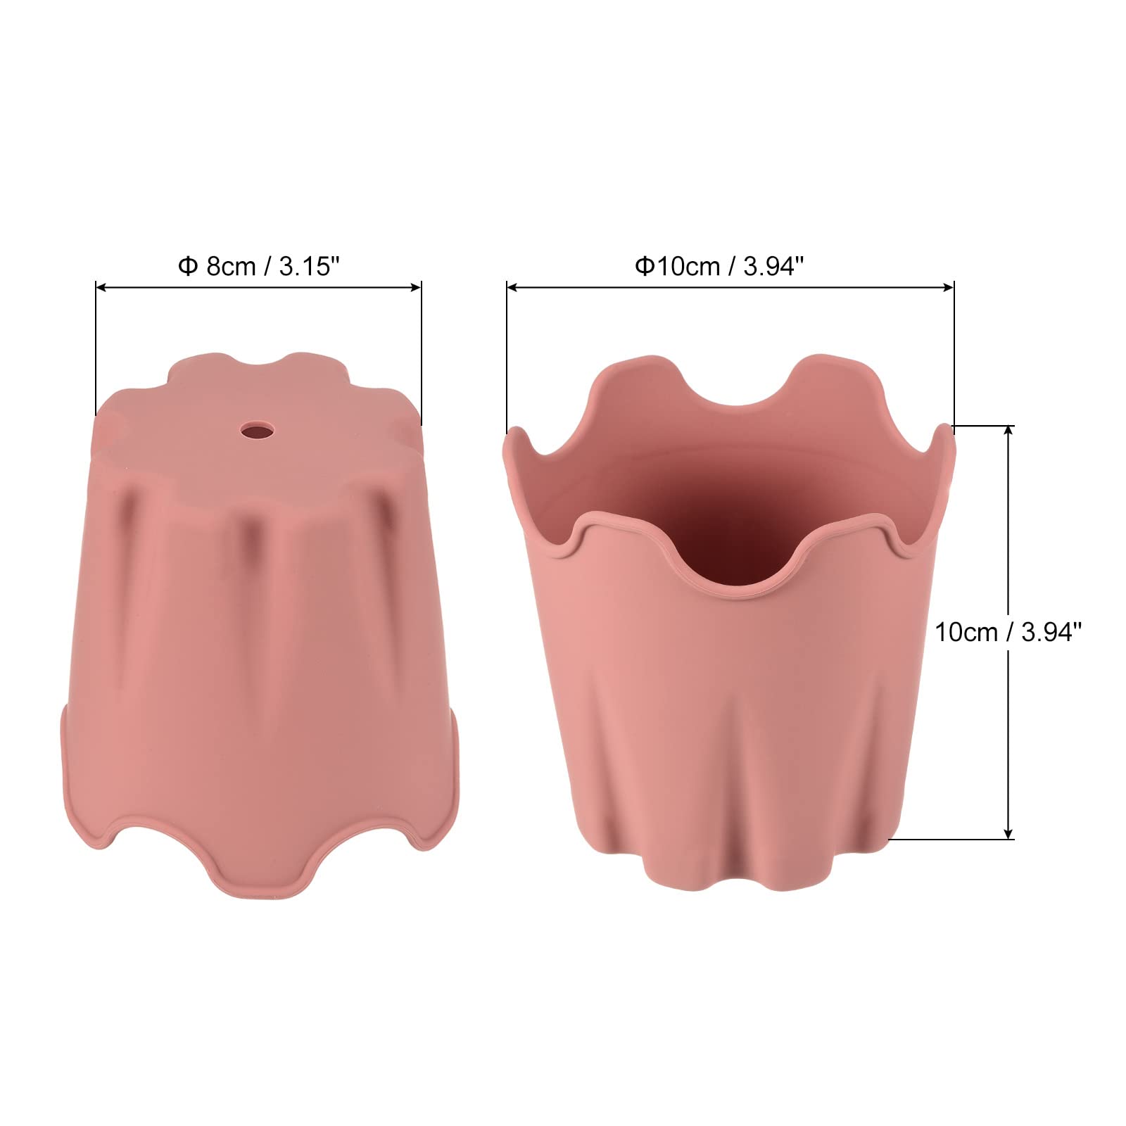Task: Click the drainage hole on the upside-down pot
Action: click(x=256, y=430)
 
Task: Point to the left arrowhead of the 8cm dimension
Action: click(x=101, y=287)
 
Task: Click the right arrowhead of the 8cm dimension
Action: click(x=416, y=287)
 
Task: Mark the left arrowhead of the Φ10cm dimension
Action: click(x=512, y=287)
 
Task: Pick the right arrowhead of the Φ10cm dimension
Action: click(x=948, y=287)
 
